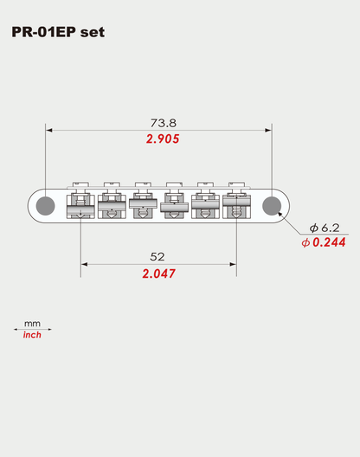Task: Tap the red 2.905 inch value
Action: tap(162, 138)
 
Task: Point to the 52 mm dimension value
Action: tap(157, 257)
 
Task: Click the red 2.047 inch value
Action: tap(157, 274)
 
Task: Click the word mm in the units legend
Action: tap(32, 322)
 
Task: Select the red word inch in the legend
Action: tap(32, 335)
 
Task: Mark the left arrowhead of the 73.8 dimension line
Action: tap(49, 131)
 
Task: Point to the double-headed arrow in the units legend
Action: tap(33, 329)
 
